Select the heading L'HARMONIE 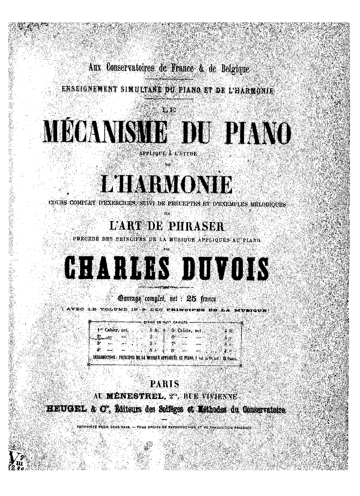[167, 185]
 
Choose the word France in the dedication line [181, 69]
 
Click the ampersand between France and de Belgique [201, 69]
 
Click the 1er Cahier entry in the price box [104, 330]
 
